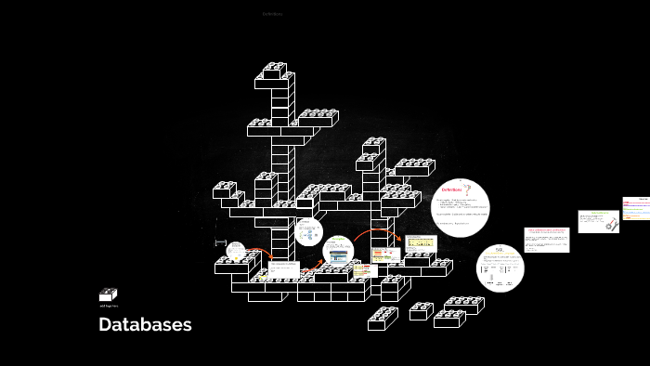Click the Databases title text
tap(145, 324)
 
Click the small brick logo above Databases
tap(108, 294)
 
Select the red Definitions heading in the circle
tap(452, 190)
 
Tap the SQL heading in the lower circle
tap(500, 249)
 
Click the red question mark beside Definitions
tap(468, 189)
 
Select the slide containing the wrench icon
tap(598, 221)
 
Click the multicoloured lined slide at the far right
tap(636, 208)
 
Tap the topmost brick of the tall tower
tap(275, 69)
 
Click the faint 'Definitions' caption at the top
tap(272, 14)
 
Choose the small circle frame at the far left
tap(236, 250)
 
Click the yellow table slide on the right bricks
tap(420, 244)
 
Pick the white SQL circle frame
tap(500, 268)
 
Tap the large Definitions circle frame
tap(461, 207)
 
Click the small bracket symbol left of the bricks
tap(220, 242)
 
